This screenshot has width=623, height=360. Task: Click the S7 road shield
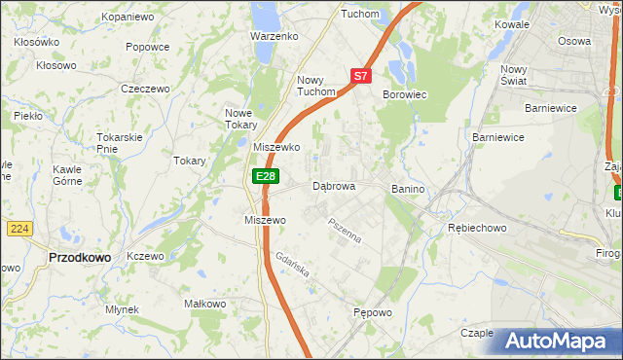click(361, 75)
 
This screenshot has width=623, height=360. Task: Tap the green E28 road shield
click(266, 176)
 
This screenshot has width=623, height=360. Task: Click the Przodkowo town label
click(79, 257)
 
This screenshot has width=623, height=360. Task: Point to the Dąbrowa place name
click(334, 186)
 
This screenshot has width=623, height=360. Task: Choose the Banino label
click(410, 188)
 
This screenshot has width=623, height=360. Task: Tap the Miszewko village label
click(276, 147)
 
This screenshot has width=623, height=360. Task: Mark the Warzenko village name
click(274, 36)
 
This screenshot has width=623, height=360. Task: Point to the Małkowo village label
click(204, 304)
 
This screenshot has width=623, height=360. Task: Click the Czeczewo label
click(145, 89)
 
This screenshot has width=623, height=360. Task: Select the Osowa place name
click(573, 41)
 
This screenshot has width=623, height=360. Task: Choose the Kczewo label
click(145, 255)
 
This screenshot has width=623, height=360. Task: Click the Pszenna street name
click(345, 233)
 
